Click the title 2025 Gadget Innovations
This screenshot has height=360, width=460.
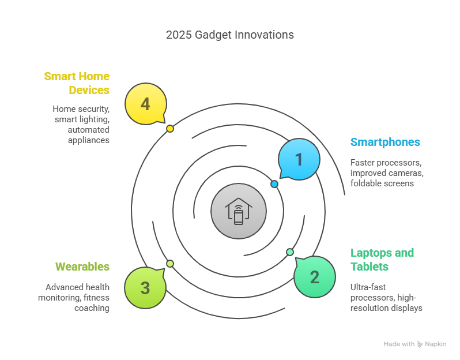coord(229,35)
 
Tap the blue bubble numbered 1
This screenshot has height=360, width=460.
coord(299,159)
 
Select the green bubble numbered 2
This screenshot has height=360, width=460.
coord(315,276)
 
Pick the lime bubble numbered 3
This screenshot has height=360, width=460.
coord(145,287)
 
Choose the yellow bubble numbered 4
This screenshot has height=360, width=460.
coord(146,103)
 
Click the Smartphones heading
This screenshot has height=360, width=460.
coord(385,142)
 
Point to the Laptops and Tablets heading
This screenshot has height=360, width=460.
coord(382,260)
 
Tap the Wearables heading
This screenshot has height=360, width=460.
coord(82,267)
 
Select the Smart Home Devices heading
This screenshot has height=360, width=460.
coord(77,83)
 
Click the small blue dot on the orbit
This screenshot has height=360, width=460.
coord(274,184)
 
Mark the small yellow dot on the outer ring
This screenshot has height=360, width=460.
coord(170,129)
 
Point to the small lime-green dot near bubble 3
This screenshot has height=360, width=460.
coord(170,264)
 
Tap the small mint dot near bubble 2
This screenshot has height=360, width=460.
coord(290,252)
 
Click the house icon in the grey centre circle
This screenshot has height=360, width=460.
coord(239,211)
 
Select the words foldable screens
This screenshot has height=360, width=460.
coord(382,183)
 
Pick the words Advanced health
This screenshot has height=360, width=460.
coord(77,287)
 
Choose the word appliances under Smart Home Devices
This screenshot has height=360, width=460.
coord(89,140)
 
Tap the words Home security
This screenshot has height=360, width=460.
coord(81,109)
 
